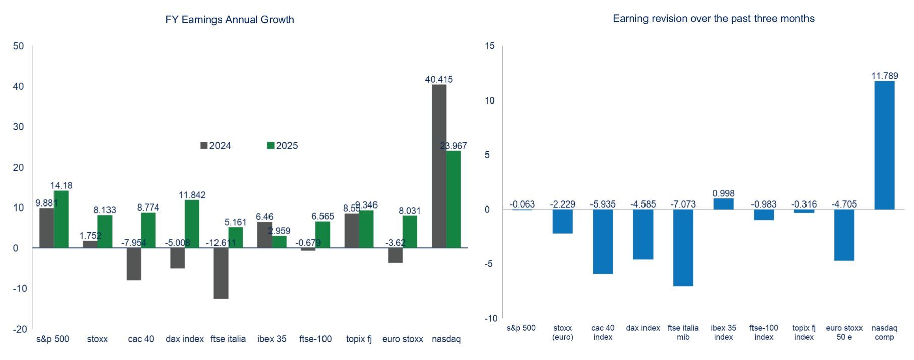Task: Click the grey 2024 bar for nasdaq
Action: pyautogui.click(x=439, y=166)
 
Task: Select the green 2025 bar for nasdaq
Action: pyautogui.click(x=454, y=199)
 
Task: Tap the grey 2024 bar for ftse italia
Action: pyautogui.click(x=221, y=273)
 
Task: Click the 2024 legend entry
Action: pyautogui.click(x=216, y=146)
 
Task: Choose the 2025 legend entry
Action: pyautogui.click(x=283, y=146)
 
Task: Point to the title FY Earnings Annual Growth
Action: pyautogui.click(x=230, y=20)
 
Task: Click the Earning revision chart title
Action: pyautogui.click(x=713, y=19)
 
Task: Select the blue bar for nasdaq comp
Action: pyautogui.click(x=884, y=145)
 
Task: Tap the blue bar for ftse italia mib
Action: pyautogui.click(x=683, y=247)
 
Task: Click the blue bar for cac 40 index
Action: pyautogui.click(x=603, y=241)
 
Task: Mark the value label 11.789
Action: pyautogui.click(x=884, y=76)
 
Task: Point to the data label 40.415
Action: pyautogui.click(x=439, y=80)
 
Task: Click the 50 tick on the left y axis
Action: pyautogui.click(x=19, y=46)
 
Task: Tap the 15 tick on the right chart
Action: pyautogui.click(x=490, y=46)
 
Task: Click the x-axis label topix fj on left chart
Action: pyautogui.click(x=359, y=339)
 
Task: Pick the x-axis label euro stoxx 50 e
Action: pyautogui.click(x=844, y=332)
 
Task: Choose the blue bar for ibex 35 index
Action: pyautogui.click(x=723, y=204)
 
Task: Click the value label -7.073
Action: pyautogui.click(x=683, y=204)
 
